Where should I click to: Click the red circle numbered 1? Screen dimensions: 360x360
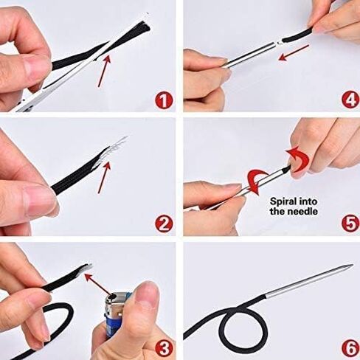[164, 101]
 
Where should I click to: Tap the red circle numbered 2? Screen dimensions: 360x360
[164, 224]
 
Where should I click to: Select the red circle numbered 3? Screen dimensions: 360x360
[164, 348]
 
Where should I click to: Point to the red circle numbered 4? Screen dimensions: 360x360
[351, 100]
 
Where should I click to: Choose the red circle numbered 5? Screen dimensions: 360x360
[351, 224]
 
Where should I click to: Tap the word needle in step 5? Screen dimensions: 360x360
[302, 212]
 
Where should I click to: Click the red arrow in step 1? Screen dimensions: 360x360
[103, 71]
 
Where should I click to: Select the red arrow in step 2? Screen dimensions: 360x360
[103, 178]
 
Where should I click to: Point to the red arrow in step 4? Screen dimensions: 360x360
[294, 52]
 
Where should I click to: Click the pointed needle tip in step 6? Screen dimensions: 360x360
[352, 265]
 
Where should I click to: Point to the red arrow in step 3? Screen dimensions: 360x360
[98, 285]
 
